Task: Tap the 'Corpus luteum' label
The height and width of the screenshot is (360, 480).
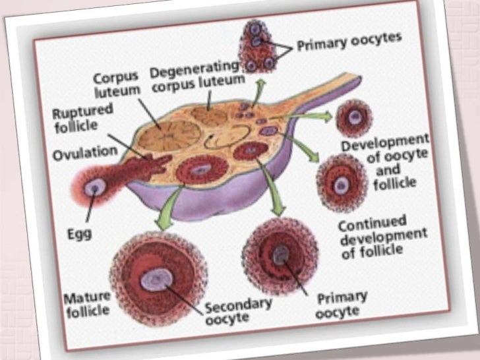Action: pyautogui.click(x=116, y=83)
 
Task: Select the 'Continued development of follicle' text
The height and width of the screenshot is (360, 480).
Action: pyautogui.click(x=383, y=235)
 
